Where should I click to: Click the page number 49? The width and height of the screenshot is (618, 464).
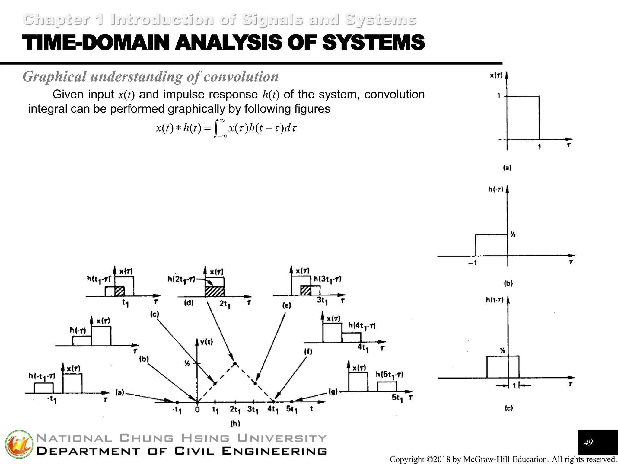(588, 443)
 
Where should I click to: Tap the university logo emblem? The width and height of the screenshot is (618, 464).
(19, 444)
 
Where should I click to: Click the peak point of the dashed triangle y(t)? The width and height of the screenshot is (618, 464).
(235, 363)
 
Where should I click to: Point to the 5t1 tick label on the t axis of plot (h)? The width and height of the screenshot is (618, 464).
(291, 409)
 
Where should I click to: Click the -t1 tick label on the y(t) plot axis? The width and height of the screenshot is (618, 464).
(177, 410)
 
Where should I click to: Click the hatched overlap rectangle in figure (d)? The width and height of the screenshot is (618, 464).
(215, 292)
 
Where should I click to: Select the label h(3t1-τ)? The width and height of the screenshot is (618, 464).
(327, 279)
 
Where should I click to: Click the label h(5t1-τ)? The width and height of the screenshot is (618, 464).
(389, 375)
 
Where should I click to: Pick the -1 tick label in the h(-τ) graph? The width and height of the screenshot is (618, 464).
(473, 263)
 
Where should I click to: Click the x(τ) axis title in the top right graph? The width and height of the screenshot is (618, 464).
(496, 75)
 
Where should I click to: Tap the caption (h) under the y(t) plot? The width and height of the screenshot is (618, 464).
(235, 424)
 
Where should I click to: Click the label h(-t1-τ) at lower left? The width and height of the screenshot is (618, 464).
(42, 376)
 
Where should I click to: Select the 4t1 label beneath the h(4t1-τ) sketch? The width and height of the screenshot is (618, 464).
(363, 348)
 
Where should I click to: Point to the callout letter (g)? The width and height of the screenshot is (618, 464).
(333, 392)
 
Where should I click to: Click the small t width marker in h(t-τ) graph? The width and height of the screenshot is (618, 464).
(514, 385)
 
